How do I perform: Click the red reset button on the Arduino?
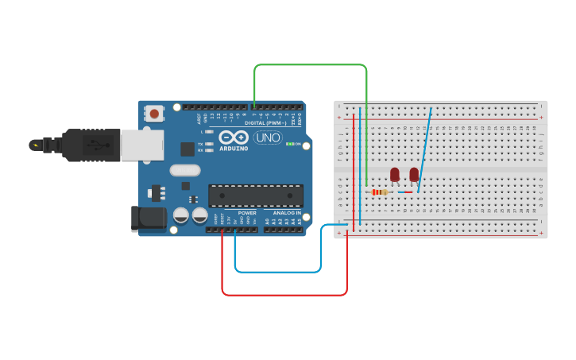(x=153, y=114)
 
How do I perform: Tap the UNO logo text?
(x=268, y=137)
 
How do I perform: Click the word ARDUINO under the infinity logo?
(x=233, y=148)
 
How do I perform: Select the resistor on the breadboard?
(x=379, y=192)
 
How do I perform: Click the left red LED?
(x=395, y=174)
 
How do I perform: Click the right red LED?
(x=414, y=174)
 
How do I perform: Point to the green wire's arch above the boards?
(x=310, y=65)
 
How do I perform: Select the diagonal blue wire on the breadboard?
(x=424, y=151)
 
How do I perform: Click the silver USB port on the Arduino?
(x=142, y=145)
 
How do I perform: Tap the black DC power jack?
(x=149, y=219)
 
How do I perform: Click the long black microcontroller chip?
(x=256, y=195)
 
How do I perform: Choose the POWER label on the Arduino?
(x=247, y=213)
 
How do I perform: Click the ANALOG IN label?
(x=287, y=213)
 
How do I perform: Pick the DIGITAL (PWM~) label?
(x=265, y=122)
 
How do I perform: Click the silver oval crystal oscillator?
(x=185, y=169)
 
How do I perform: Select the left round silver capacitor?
(x=181, y=215)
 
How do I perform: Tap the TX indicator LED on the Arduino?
(x=208, y=144)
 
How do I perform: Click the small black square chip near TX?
(x=187, y=149)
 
